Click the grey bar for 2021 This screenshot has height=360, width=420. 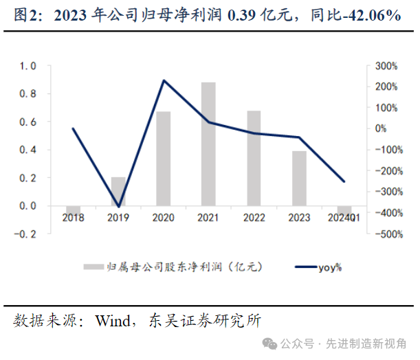208,144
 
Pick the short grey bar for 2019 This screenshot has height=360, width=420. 119,191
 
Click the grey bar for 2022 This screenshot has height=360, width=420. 254,157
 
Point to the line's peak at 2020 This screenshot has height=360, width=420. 164,80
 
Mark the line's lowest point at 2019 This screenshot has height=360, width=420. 119,207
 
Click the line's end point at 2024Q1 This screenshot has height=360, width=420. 344,181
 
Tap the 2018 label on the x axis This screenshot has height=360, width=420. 74,218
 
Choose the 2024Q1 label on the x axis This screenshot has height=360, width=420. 344,218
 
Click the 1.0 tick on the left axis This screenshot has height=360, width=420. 27,66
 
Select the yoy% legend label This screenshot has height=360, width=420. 330,267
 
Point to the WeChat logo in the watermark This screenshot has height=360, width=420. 276,343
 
